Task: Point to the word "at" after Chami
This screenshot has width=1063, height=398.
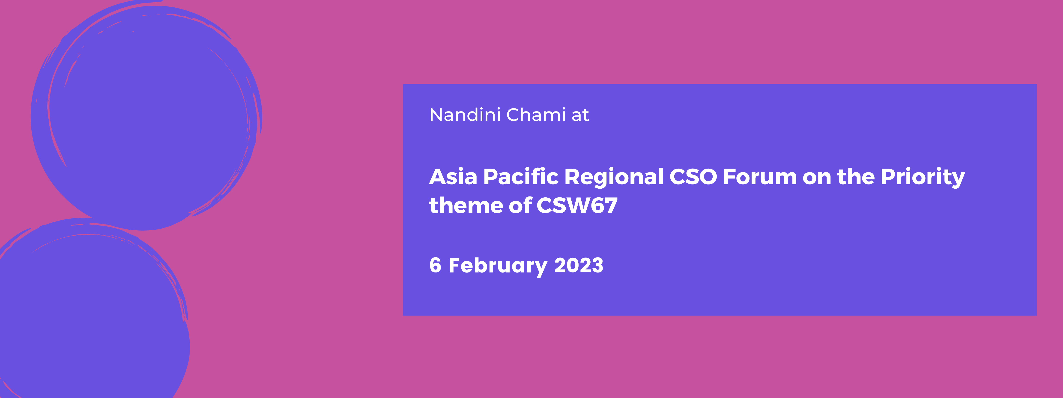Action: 580,116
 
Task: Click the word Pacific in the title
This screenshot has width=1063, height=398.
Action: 521,177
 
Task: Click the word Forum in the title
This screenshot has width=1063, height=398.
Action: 760,177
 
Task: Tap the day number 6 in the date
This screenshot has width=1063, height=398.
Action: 435,265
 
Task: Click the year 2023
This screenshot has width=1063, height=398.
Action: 579,265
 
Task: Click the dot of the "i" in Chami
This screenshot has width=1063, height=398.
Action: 564,108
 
